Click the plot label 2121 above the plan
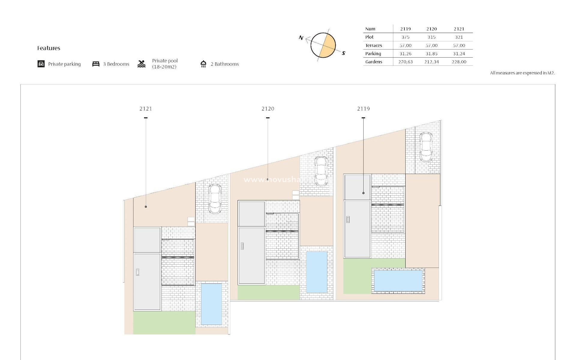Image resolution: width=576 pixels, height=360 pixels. click(x=146, y=109)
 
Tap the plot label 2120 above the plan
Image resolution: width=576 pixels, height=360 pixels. click(x=268, y=109)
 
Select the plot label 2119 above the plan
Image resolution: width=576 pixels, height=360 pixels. click(x=363, y=109)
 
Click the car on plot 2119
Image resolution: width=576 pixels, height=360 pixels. click(x=425, y=147)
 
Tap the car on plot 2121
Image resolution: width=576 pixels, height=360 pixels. click(x=215, y=199)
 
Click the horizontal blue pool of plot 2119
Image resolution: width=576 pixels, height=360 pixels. click(x=398, y=281)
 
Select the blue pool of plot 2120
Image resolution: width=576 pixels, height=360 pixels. click(x=317, y=272)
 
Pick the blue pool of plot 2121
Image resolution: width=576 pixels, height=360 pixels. click(x=211, y=304)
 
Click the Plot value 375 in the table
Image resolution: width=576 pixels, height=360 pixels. click(x=405, y=37)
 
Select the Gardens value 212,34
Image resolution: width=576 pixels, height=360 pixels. click(x=431, y=62)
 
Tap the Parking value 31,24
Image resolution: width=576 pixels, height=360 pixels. click(x=459, y=54)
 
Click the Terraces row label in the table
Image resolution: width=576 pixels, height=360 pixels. click(x=373, y=46)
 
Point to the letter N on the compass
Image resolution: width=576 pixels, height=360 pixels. click(x=301, y=38)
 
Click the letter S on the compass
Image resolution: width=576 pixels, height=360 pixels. click(x=343, y=53)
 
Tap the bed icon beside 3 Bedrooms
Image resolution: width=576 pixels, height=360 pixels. click(x=96, y=64)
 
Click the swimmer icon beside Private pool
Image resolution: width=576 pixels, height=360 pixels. click(x=142, y=64)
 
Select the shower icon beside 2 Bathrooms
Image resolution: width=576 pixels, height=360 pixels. click(x=203, y=64)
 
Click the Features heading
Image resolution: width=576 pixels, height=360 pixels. click(x=49, y=48)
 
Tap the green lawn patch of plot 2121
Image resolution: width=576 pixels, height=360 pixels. click(x=164, y=322)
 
